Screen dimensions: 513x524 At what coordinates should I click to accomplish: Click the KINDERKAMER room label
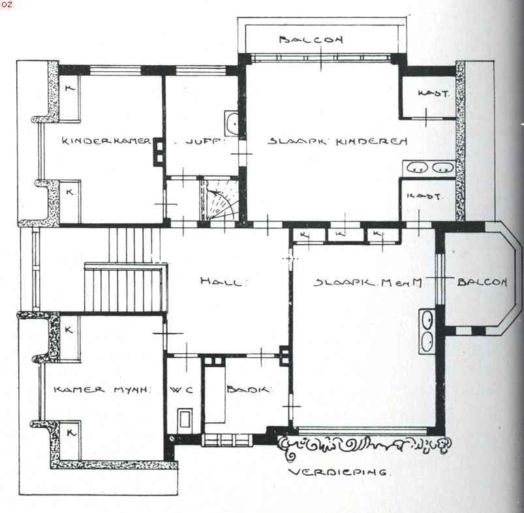107,140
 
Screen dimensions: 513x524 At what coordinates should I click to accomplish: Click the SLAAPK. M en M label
364,282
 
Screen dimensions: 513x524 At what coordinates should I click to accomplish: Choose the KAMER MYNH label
102,390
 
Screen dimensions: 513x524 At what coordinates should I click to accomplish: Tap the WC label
179,390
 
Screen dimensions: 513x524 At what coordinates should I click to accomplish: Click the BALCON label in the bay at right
482,282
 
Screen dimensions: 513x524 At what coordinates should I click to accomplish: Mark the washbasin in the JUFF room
231,123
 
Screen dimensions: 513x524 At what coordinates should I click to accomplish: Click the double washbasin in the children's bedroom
430,168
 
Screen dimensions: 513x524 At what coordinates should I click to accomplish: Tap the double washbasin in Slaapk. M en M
428,332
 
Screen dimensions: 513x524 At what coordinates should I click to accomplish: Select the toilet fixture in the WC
185,418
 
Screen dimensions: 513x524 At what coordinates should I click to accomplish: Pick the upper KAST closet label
433,94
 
